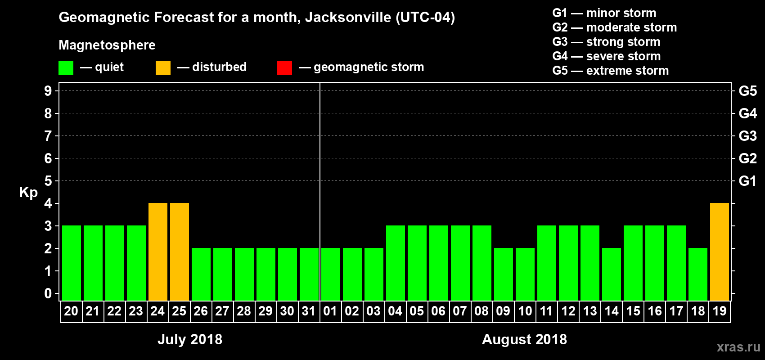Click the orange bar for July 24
tap(157, 252)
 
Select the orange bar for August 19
tap(719, 252)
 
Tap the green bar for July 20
tap(71, 263)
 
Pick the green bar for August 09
tap(503, 274)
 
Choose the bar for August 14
tap(611, 274)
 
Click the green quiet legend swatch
tap(66, 68)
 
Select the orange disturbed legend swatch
tap(163, 68)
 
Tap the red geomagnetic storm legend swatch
tap(284, 68)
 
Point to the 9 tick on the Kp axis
tap(48, 91)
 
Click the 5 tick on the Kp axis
tap(48, 181)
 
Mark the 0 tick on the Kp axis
tap(48, 293)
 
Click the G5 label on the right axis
tap(747, 91)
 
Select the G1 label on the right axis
tap(747, 181)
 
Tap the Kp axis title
tap(28, 193)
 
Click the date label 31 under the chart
tap(309, 311)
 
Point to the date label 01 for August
tap(330, 311)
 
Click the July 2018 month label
tap(189, 339)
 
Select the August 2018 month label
tap(524, 339)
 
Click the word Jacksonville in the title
tap(348, 18)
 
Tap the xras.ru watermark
tap(738, 347)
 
